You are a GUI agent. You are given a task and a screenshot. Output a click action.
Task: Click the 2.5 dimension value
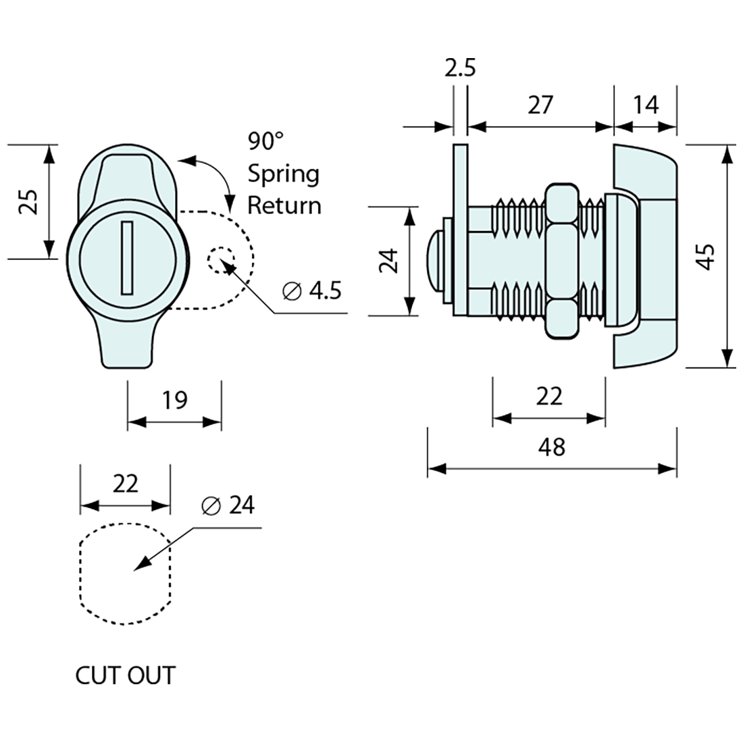[461, 69]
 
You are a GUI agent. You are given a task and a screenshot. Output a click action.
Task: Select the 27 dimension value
[540, 105]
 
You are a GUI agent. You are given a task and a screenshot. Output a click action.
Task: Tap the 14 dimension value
[645, 105]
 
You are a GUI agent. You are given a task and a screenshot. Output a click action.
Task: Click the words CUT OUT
[126, 675]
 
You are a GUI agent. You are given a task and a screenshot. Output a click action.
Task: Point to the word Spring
[283, 174]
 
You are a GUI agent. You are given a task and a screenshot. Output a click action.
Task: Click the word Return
[284, 205]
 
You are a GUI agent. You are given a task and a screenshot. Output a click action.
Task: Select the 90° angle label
[265, 141]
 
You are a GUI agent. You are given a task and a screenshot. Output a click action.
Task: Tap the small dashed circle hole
[220, 261]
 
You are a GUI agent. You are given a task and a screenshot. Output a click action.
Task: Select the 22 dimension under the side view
[548, 396]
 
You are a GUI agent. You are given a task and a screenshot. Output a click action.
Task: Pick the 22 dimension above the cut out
[126, 484]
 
